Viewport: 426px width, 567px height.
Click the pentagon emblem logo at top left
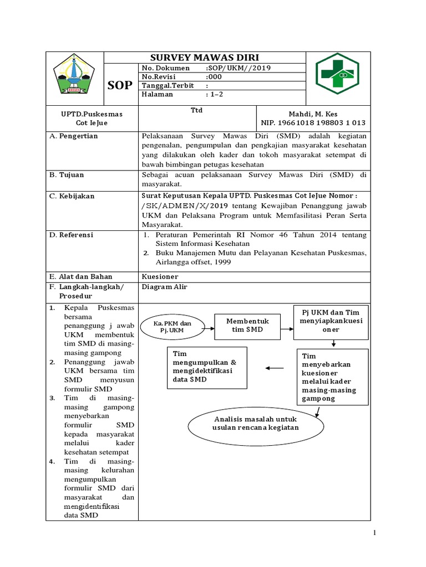click(x=74, y=75)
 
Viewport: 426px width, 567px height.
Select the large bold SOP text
click(x=120, y=85)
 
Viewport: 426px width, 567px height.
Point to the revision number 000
click(x=214, y=77)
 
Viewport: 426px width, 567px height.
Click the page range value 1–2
click(x=214, y=94)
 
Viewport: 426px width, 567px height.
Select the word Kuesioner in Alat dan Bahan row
click(x=160, y=276)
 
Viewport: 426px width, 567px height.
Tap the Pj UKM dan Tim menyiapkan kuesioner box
click(x=331, y=321)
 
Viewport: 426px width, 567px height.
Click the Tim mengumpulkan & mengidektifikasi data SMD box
click(x=207, y=367)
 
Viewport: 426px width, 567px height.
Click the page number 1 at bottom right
click(x=375, y=533)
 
